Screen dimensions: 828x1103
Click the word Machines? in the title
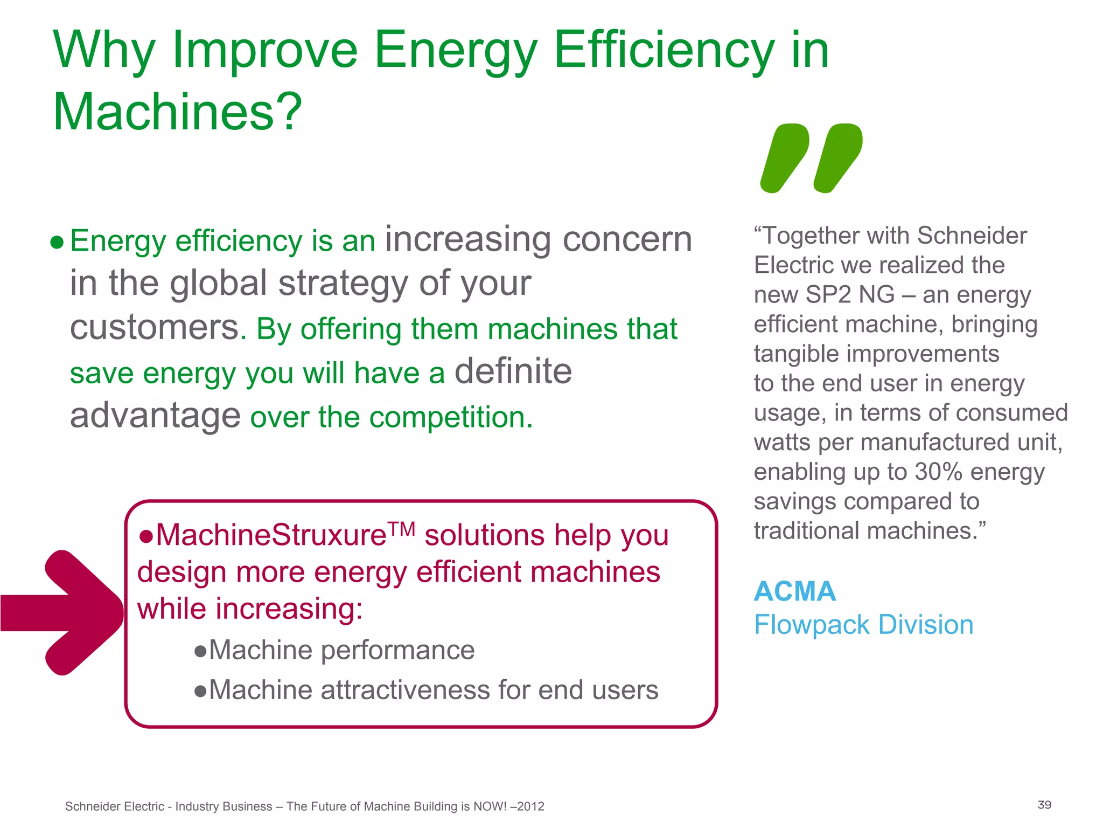(x=178, y=112)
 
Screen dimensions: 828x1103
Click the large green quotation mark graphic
(x=811, y=158)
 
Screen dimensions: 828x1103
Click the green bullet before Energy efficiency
(x=57, y=243)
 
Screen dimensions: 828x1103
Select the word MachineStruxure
(x=271, y=535)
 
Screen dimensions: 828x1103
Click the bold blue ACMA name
(x=794, y=591)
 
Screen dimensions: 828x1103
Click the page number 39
(x=1044, y=805)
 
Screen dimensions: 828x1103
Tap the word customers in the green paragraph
(x=155, y=328)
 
